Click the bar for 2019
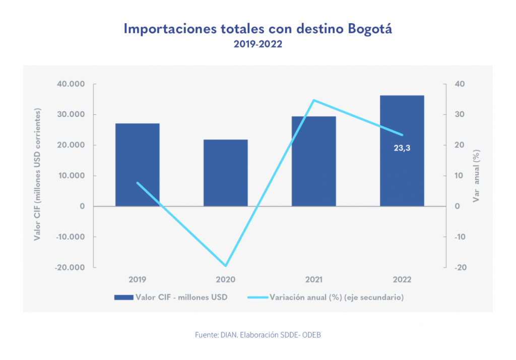(x=137, y=164)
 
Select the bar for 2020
(x=225, y=172)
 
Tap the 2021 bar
(x=313, y=161)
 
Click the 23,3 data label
(x=402, y=148)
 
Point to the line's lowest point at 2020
(x=226, y=266)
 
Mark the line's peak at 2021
(x=313, y=100)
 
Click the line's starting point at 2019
(x=138, y=183)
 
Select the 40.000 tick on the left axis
(x=71, y=84)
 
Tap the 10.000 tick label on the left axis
(x=71, y=176)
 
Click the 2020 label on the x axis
(x=225, y=280)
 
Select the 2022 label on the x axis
(x=402, y=280)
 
